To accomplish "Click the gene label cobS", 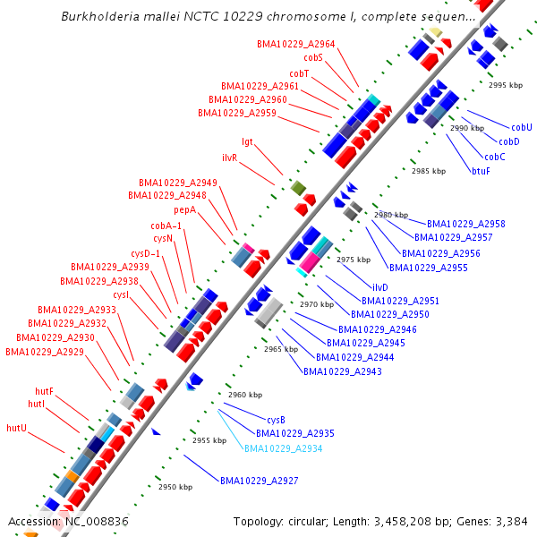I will pos(313,57).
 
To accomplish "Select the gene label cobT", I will pos(299,73).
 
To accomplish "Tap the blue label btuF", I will pos(481,171).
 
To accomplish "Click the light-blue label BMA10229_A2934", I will pos(283,448).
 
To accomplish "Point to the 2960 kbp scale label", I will pos(245,395).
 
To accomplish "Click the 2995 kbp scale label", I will pos(506,85).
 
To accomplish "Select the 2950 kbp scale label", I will pos(175,487).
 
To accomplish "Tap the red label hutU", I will pos(16,428).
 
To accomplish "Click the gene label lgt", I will pos(247,141).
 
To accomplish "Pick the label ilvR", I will pos(229,158).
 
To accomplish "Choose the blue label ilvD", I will pos(379,287).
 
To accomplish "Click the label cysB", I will pos(276,420).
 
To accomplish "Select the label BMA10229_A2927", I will pos(259,481).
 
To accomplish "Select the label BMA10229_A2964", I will pos(295,43).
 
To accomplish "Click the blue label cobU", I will pos(522,128).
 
